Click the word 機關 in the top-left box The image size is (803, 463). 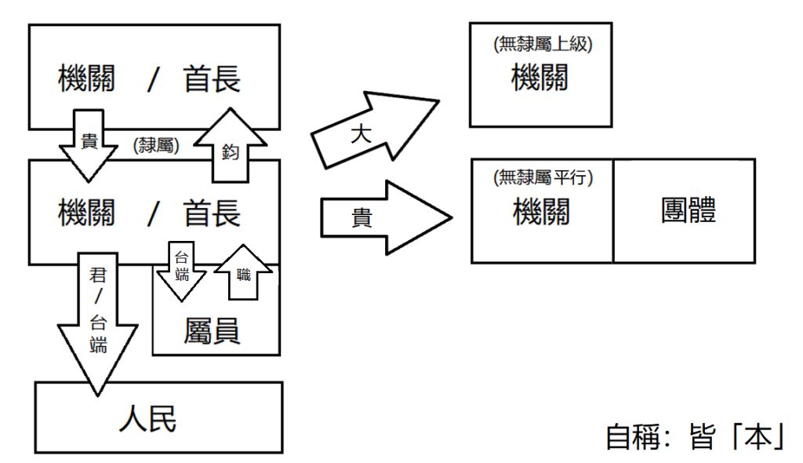pos(86,79)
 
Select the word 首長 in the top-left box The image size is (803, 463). pos(212,79)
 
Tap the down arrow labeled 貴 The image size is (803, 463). pos(89,144)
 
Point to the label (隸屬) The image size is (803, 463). pos(157,146)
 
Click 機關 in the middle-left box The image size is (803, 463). pos(86,213)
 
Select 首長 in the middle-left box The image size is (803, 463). pos(212,213)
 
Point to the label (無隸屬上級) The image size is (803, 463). pos(543,45)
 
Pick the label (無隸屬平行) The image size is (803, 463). pos(543,178)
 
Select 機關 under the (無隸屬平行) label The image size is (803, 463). pos(541,212)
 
